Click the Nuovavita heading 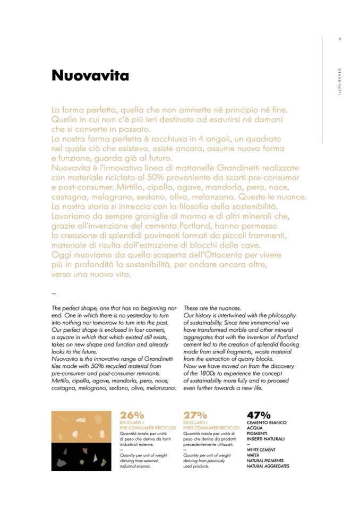coord(90,76)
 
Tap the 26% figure coord(132,415)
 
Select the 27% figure coord(195,415)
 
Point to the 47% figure coord(259,415)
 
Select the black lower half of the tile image coord(82,456)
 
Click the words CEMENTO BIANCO coord(267,422)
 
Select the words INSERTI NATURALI coord(265,439)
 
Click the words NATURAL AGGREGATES coord(268,466)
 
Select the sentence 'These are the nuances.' coord(204,308)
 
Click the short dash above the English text coord(54,293)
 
